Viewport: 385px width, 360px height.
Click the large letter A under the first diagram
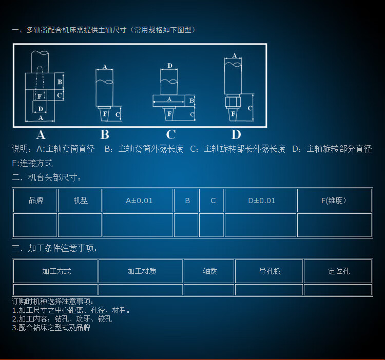[x=41, y=135]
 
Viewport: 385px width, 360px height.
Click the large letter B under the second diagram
[x=105, y=135]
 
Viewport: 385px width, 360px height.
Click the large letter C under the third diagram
[x=171, y=135]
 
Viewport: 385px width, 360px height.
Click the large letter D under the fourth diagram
[x=236, y=135]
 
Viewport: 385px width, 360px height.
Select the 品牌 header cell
[x=35, y=201]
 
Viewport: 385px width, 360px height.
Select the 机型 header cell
[x=80, y=201]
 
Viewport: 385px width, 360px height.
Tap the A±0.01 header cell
[x=138, y=201]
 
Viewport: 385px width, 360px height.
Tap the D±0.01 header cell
[x=261, y=201]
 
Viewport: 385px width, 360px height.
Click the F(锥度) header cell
[x=334, y=201]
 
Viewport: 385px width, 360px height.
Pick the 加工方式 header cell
[x=55, y=271]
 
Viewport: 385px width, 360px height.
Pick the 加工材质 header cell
[x=141, y=271]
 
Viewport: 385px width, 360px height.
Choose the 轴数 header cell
[x=209, y=271]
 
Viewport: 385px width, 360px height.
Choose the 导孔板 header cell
[x=269, y=271]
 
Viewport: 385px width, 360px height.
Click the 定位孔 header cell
[x=338, y=271]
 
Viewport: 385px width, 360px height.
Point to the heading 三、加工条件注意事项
[x=54, y=249]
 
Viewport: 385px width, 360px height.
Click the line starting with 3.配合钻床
[x=51, y=327]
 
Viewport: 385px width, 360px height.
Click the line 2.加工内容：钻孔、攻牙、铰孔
[x=62, y=318]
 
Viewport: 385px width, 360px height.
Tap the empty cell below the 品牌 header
[x=35, y=225]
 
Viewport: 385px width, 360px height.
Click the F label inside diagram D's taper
[x=234, y=113]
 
